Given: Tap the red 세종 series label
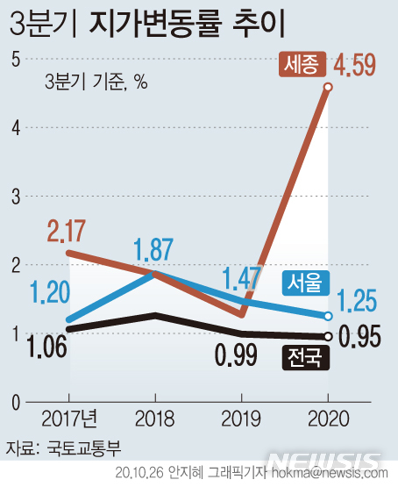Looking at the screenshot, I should pyautogui.click(x=303, y=64).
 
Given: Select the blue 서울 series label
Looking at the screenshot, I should pyautogui.click(x=305, y=283).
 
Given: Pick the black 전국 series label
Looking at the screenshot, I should pyautogui.click(x=305, y=356).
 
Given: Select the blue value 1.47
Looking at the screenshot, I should pyautogui.click(x=239, y=279).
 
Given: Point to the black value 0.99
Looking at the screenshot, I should pyautogui.click(x=236, y=355).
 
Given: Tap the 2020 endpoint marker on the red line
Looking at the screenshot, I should pyautogui.click(x=328, y=87).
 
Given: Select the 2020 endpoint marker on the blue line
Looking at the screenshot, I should pyautogui.click(x=328, y=316).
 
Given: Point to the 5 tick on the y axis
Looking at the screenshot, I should pyautogui.click(x=15, y=59).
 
